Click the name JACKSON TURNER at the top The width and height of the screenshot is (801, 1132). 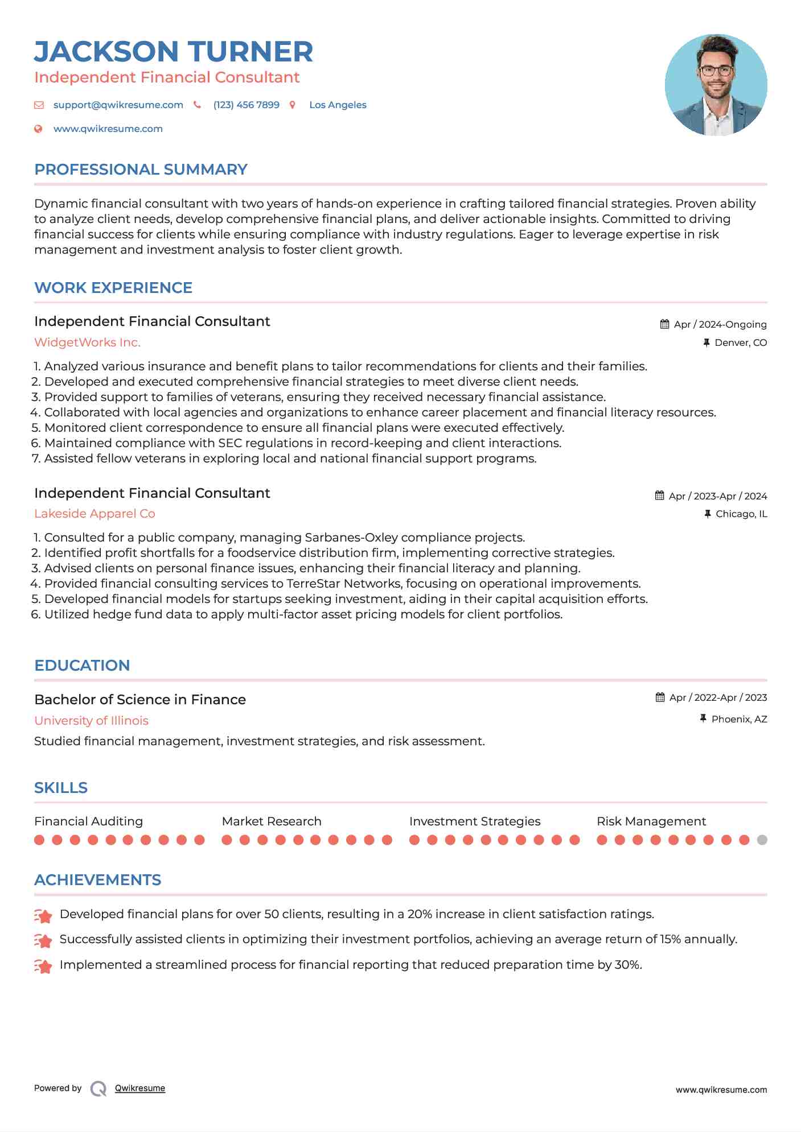click(x=174, y=52)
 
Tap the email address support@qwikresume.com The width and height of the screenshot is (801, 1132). click(x=118, y=105)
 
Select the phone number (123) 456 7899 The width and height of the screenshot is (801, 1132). click(x=246, y=105)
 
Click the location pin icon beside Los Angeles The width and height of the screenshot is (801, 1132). click(x=293, y=105)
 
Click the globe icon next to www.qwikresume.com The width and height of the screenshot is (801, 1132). click(x=38, y=129)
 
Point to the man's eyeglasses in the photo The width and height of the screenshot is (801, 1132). click(x=716, y=71)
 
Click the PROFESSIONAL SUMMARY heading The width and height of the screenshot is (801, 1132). click(x=141, y=170)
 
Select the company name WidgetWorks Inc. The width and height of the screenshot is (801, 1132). click(x=87, y=342)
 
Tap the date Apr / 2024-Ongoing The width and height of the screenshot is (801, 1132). click(x=720, y=325)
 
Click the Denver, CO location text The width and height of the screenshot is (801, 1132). click(x=740, y=343)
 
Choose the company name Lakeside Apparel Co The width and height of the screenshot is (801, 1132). click(x=95, y=514)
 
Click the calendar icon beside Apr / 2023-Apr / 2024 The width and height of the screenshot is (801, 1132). click(x=659, y=495)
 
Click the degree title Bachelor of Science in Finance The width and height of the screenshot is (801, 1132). click(x=140, y=700)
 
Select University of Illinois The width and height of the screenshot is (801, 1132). click(x=91, y=721)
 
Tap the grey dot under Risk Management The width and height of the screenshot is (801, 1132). click(x=762, y=840)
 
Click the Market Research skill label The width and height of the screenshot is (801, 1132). click(x=272, y=821)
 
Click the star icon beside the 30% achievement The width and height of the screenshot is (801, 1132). click(x=43, y=966)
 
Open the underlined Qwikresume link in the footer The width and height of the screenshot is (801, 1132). click(x=140, y=1088)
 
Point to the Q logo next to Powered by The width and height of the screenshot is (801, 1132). click(x=98, y=1088)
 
